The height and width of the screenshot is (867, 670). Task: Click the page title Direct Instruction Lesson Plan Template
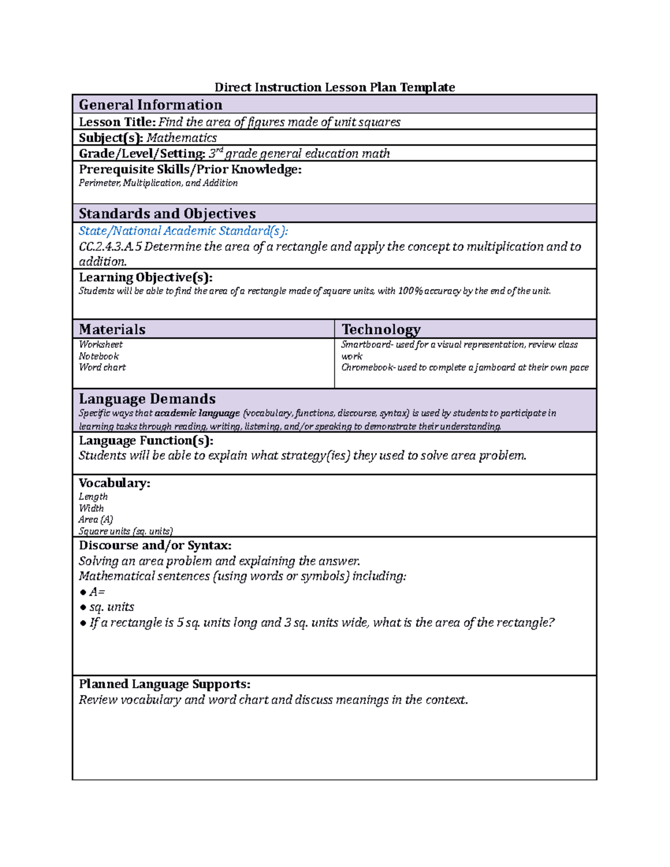click(x=334, y=87)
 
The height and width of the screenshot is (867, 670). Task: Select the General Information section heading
click(x=150, y=105)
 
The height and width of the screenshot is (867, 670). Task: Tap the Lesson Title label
click(x=117, y=122)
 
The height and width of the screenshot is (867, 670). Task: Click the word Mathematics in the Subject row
click(x=181, y=138)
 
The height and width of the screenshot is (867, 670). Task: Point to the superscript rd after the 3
click(x=219, y=150)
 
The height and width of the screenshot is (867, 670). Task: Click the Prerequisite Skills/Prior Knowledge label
click(x=190, y=170)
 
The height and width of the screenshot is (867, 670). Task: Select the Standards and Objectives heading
click(x=167, y=214)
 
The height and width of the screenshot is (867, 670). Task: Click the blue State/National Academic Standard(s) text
click(x=183, y=231)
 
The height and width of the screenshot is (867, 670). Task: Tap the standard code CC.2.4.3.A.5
click(x=110, y=247)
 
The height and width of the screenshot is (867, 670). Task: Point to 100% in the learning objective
click(x=410, y=291)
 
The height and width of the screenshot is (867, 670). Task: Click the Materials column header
click(x=112, y=329)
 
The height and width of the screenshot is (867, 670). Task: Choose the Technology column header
click(x=381, y=329)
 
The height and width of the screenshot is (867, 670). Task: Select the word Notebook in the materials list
click(x=99, y=356)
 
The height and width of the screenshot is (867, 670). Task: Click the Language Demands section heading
click(x=147, y=399)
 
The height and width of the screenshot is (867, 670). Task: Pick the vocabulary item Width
click(x=91, y=508)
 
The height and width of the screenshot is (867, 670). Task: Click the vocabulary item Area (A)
click(x=95, y=520)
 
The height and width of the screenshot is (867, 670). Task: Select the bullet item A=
click(x=97, y=592)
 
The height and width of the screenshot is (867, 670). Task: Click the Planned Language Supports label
click(x=164, y=684)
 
